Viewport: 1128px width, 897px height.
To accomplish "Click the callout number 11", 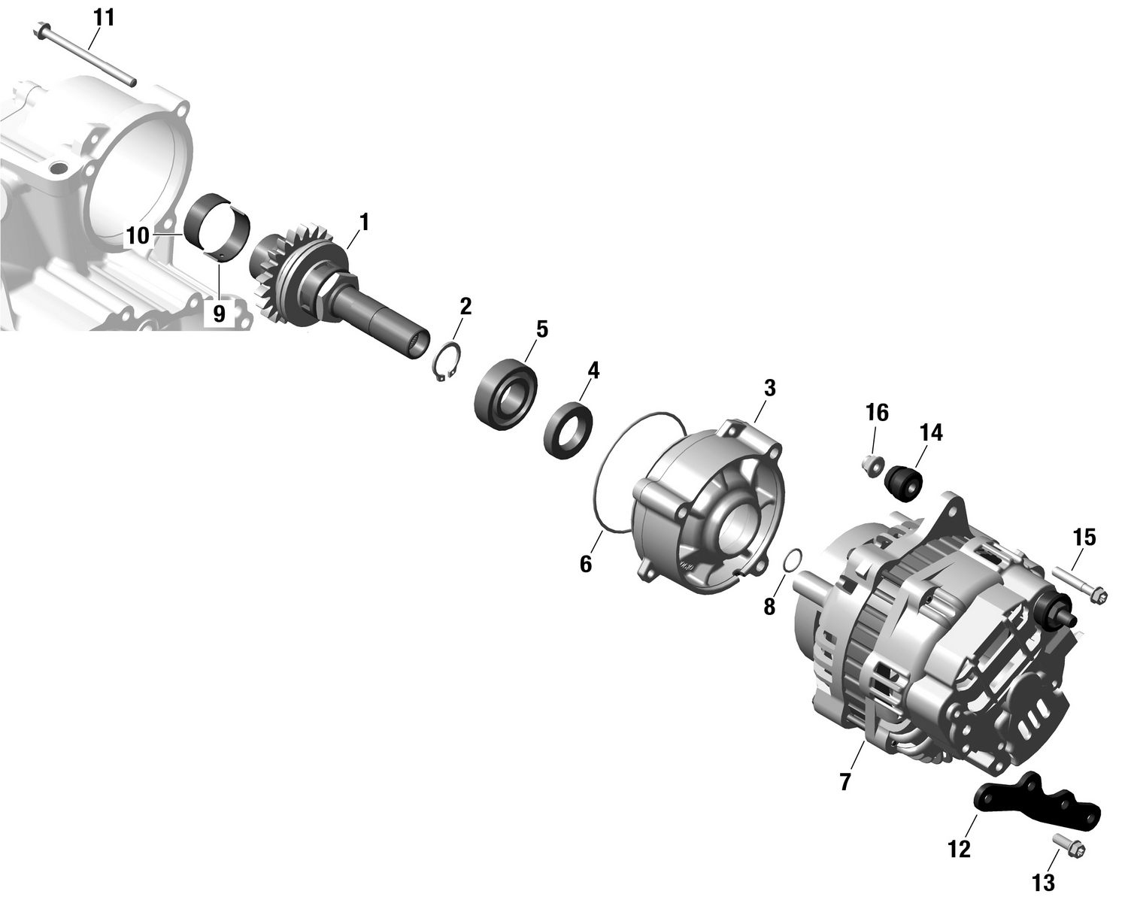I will (104, 17).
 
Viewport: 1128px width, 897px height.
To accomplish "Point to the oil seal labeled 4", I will (569, 430).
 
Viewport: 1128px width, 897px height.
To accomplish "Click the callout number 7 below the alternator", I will (845, 782).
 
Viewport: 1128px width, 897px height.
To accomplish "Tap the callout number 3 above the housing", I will (769, 389).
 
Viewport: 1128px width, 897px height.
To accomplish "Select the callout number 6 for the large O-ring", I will (586, 563).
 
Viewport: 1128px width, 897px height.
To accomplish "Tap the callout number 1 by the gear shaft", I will (364, 223).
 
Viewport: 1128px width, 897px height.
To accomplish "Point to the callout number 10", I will (138, 236).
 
